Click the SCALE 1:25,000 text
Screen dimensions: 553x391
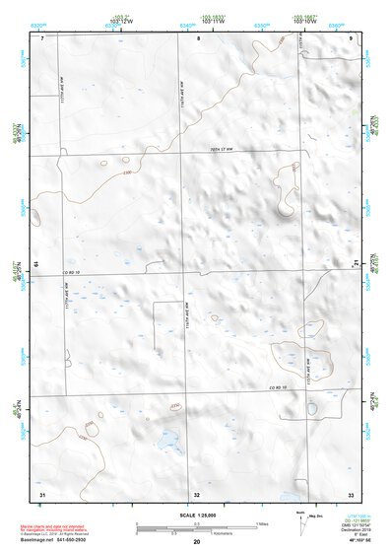click(195, 515)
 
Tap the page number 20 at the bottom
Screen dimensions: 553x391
click(196, 542)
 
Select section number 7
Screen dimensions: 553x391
click(43, 38)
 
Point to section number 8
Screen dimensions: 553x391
click(198, 38)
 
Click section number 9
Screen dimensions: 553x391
click(352, 38)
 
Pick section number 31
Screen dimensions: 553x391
click(42, 493)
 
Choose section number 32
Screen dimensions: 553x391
click(197, 493)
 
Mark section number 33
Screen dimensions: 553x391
click(351, 493)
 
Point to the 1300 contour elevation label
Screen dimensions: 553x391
click(126, 174)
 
